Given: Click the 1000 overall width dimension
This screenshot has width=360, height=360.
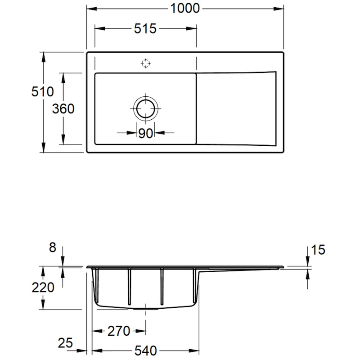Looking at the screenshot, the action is tap(185, 9).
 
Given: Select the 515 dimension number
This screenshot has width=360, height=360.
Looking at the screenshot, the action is tap(145, 29).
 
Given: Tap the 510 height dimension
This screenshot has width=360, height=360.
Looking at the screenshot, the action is tap(42, 91).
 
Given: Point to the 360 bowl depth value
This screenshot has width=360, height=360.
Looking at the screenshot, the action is tap(63, 108).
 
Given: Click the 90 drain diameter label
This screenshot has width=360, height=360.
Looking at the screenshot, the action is tap(145, 133).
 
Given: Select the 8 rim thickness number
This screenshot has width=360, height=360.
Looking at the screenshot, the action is tap(53, 247).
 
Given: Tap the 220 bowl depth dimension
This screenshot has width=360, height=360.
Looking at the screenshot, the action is tap(43, 288).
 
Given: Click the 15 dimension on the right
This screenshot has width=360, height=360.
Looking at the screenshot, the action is tap(318, 250).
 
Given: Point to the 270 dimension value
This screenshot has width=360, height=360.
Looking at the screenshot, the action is tap(119, 331).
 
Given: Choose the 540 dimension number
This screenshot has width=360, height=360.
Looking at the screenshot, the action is tap(145, 351).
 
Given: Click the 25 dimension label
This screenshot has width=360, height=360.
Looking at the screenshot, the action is tap(65, 343).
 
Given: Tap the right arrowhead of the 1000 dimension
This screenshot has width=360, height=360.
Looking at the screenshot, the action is tap(278, 9).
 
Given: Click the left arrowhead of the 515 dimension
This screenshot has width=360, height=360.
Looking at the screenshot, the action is tap(100, 29).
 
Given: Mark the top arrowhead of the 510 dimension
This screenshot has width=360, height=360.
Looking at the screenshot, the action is tap(43, 57).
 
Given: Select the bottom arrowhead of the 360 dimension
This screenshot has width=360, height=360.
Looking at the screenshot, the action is tap(63, 139).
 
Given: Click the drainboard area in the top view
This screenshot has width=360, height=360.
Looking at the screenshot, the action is tap(237, 108).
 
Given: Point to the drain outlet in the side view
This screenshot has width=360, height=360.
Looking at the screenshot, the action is tap(145, 309).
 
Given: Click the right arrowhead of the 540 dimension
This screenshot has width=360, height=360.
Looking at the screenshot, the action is tap(194, 351).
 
